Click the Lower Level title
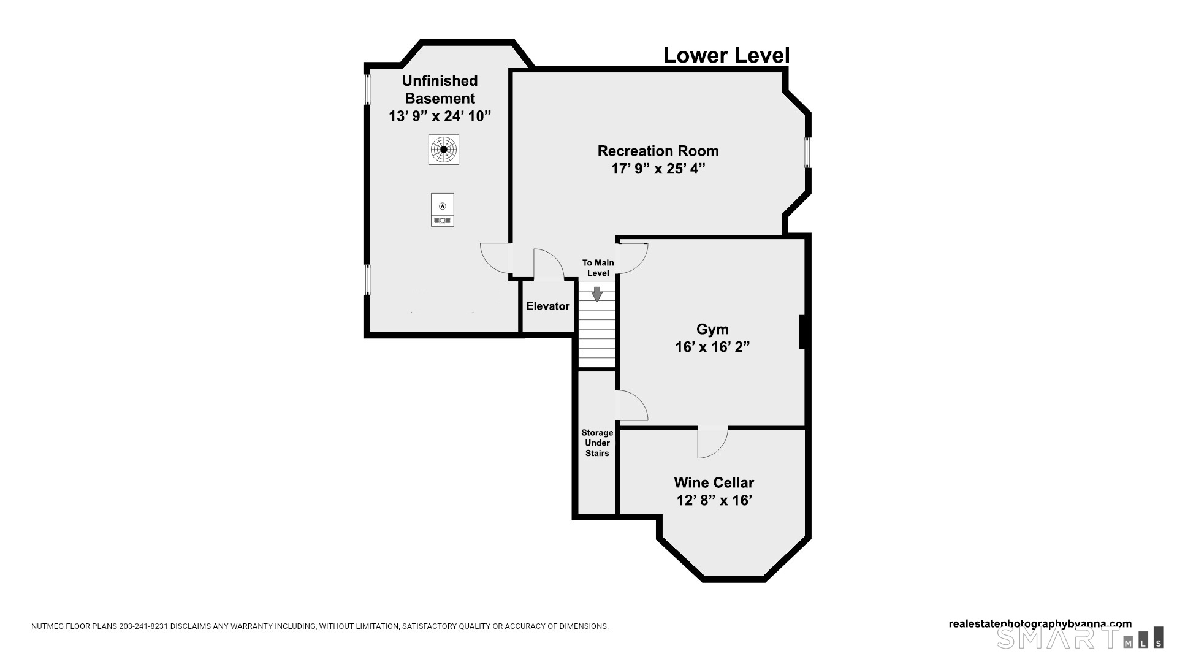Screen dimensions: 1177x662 tap(726, 55)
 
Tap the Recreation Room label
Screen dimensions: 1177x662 tap(658, 151)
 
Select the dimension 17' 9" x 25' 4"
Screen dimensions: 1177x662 tap(658, 169)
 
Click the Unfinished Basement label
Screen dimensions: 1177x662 tap(440, 89)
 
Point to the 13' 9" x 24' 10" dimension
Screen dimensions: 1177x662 tap(440, 116)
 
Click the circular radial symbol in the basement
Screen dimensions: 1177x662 tap(443, 149)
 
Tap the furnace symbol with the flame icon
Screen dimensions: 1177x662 tap(443, 210)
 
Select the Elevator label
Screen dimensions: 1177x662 tap(548, 306)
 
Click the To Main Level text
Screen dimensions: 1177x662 tap(598, 268)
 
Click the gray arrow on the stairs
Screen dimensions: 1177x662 tap(596, 294)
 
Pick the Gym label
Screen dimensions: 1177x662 tap(712, 330)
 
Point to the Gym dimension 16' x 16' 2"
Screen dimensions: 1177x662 tap(712, 348)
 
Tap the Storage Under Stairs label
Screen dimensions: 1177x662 tap(597, 443)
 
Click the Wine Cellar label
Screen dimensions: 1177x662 tap(714, 482)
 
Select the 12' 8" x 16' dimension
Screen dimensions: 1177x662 tap(714, 501)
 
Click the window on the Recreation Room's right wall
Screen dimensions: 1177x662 tap(808, 152)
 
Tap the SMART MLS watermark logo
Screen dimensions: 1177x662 tap(1080, 637)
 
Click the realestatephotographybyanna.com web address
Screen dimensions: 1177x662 tap(1040, 624)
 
